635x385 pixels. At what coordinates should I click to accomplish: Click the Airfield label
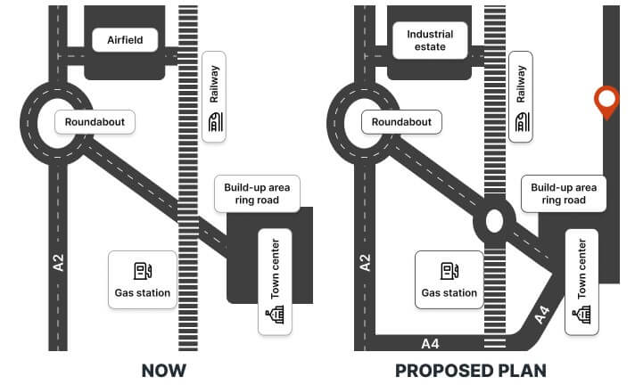coord(125,40)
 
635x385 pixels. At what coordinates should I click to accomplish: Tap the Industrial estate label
coord(430,40)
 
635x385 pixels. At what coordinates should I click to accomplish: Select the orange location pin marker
coord(606,102)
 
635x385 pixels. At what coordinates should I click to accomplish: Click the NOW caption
coord(164,371)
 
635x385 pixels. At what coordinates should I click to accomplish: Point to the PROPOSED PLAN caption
coord(471,371)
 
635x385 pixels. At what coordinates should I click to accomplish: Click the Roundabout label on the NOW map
coord(95,122)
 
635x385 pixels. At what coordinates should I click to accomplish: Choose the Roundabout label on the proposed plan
coord(401,122)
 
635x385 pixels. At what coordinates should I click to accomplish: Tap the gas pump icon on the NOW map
coord(143,271)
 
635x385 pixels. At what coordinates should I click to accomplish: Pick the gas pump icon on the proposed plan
coord(449,271)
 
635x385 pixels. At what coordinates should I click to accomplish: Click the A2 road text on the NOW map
coord(58,262)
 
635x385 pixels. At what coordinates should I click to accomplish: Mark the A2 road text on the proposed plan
coord(365,262)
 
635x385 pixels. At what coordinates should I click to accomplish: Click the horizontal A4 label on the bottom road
coord(430,344)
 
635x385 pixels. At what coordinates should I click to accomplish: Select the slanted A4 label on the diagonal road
coord(542,315)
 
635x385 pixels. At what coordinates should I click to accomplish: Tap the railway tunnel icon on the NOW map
coord(216,122)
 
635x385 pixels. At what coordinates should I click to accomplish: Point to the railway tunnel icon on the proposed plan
coord(523,122)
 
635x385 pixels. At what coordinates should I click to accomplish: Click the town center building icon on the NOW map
coord(275,315)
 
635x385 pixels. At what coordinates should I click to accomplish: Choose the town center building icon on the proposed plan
coord(581,315)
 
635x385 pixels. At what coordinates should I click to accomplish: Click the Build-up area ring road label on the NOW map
coord(257,194)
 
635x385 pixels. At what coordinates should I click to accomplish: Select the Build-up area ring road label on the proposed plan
coord(564,194)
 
